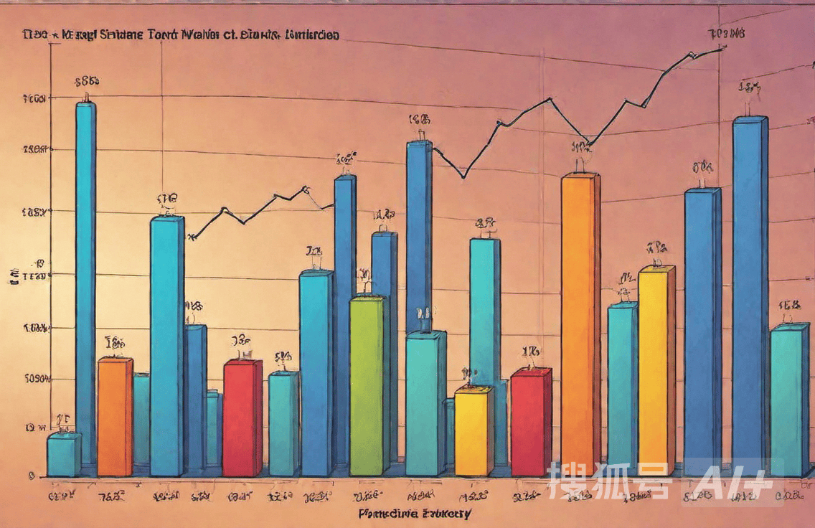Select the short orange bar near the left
[x=114, y=416]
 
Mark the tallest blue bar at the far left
[x=85, y=280]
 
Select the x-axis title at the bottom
[x=415, y=514]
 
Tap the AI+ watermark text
[x=735, y=480]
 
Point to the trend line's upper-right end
[x=725, y=47]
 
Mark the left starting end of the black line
[x=189, y=237]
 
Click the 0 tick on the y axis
[x=32, y=475]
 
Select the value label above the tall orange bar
[x=580, y=148]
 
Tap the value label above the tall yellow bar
[x=656, y=247]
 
